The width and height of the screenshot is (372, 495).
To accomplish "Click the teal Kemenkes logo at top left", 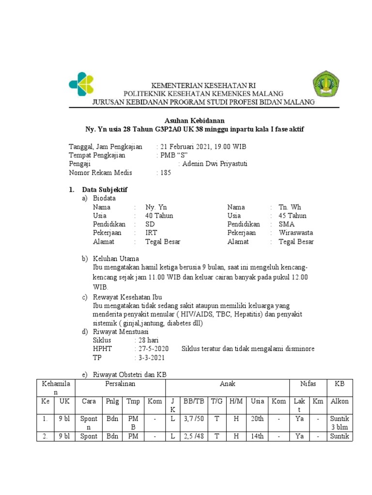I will coord(81,84).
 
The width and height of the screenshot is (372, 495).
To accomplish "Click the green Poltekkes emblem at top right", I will coord(326,84).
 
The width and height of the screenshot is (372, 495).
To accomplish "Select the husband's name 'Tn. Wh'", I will coord(290,207).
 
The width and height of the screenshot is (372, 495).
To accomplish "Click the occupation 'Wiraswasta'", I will coord(296,233).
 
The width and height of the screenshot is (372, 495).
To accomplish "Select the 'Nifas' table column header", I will coord(308,383).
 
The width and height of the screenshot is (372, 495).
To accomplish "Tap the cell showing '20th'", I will coord(258,419).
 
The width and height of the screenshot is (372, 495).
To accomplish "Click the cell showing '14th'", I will coord(258,437).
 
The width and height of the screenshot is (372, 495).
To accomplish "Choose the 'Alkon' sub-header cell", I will coord(340,401).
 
